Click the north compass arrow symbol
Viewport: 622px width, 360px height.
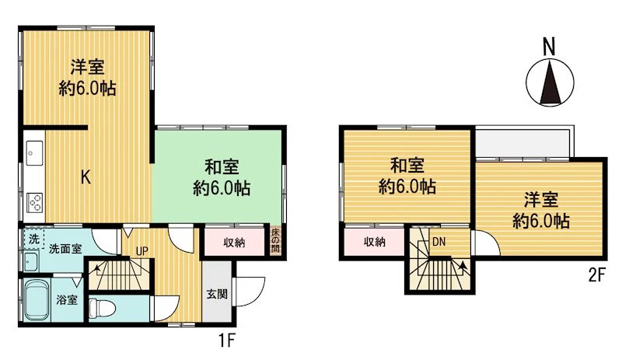(x=550, y=82)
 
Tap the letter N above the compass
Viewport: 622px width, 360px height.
(x=549, y=47)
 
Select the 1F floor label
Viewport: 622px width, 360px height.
(x=227, y=340)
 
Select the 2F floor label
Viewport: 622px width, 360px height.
(x=596, y=274)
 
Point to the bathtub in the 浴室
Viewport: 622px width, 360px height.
(x=37, y=300)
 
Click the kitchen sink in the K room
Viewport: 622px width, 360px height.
(x=34, y=153)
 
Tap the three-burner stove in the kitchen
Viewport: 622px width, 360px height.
(x=35, y=202)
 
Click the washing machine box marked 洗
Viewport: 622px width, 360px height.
(x=33, y=239)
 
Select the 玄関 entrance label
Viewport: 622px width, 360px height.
(x=217, y=294)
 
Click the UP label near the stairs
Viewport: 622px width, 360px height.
(x=142, y=251)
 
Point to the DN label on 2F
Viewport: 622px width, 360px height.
(x=439, y=242)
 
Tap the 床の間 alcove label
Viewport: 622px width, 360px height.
(x=275, y=240)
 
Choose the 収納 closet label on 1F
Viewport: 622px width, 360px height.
(x=234, y=243)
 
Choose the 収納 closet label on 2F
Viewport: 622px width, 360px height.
(x=375, y=241)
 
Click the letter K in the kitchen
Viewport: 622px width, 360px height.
(x=86, y=177)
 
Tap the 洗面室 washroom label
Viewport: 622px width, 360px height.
(x=65, y=249)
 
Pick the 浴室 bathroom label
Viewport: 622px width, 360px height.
(x=67, y=300)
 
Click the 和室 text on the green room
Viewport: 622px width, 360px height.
(x=222, y=167)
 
